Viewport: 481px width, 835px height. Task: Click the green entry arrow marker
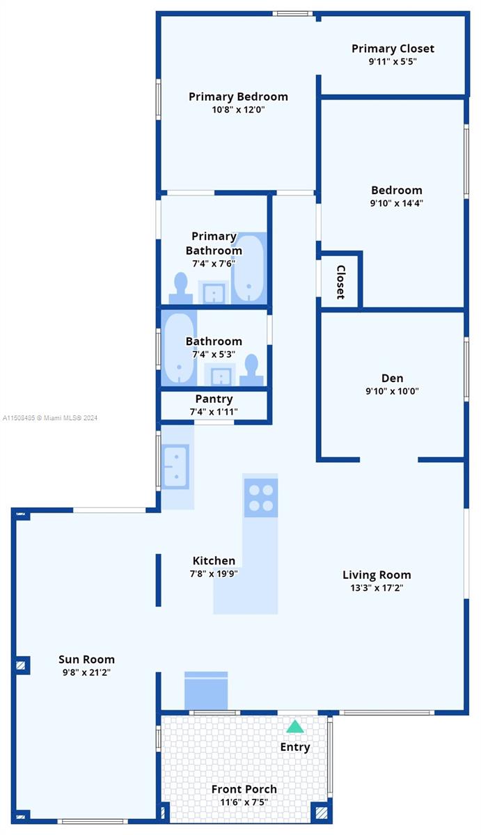point(294,726)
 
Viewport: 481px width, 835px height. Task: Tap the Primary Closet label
point(393,49)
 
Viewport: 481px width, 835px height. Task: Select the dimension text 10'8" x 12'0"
point(238,110)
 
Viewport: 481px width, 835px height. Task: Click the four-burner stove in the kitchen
point(260,498)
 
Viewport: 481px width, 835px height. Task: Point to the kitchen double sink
point(175,466)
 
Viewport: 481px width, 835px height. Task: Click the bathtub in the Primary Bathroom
point(249,268)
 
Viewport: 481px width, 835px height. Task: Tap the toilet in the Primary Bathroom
point(181,288)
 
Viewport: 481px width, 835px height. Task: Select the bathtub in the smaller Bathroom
point(179,348)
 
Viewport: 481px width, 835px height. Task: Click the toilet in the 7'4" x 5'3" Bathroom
point(252,369)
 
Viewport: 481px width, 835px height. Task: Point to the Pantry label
point(214,399)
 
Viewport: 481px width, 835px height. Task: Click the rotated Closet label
point(341,282)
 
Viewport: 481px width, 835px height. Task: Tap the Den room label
point(393,378)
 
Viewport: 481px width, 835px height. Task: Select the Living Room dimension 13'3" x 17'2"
point(377,588)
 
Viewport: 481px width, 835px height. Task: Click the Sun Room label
point(86,660)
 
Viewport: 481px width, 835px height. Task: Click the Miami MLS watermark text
point(50,418)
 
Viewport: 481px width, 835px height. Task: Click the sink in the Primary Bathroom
point(213,293)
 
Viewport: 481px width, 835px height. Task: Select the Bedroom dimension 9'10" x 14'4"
point(396,203)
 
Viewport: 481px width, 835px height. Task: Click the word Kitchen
point(214,561)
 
